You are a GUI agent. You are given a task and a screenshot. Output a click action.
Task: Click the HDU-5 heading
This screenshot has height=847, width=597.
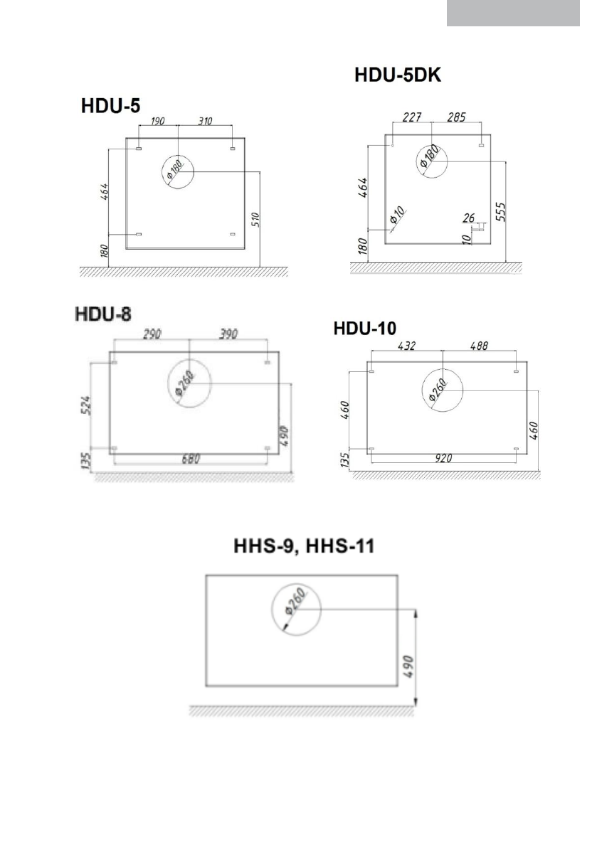[111, 105]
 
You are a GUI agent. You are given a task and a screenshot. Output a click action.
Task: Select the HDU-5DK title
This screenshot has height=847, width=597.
[398, 75]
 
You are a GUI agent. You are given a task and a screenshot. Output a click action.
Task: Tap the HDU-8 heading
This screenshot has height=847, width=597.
[103, 314]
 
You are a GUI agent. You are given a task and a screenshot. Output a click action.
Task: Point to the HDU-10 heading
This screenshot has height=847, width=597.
[365, 328]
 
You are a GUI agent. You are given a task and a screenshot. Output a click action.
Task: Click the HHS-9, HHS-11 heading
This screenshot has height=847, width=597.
[304, 545]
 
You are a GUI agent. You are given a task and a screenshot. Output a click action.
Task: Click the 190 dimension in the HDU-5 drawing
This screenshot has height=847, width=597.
[157, 121]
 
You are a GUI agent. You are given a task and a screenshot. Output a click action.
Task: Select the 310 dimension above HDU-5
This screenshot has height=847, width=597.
[205, 121]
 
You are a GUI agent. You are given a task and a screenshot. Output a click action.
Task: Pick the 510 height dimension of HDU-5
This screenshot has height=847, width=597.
[256, 219]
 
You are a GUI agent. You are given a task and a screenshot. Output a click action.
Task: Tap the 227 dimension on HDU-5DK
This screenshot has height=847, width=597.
[412, 117]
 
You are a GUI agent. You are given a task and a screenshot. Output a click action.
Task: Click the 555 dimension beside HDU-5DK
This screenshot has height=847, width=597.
[500, 212]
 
